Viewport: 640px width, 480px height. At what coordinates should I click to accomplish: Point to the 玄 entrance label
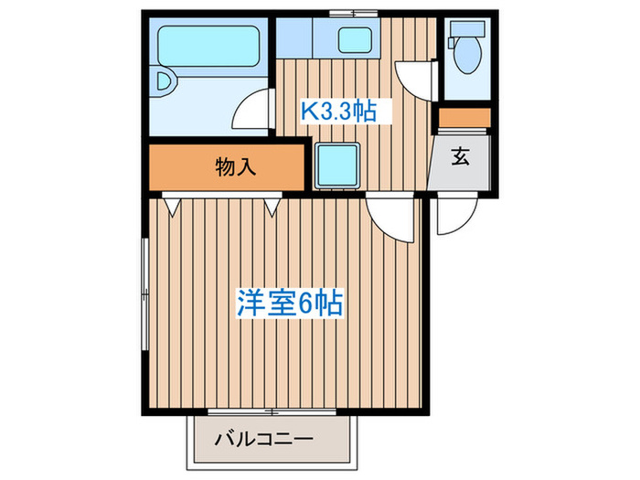click(x=460, y=157)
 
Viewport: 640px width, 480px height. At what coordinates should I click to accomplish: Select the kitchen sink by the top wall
click(x=354, y=39)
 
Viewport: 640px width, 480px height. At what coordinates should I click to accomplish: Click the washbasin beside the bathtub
click(x=163, y=81)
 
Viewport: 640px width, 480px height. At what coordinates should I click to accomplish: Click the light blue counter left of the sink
click(x=294, y=39)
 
